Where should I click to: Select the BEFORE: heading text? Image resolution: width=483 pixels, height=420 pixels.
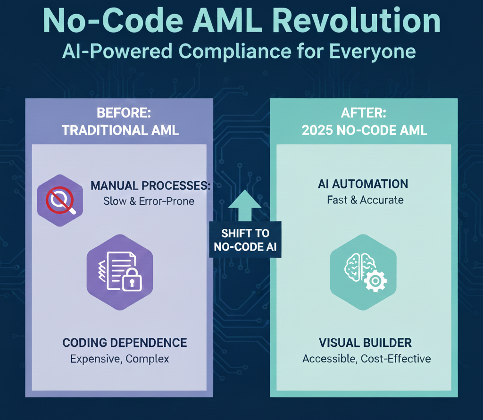[x=120, y=113]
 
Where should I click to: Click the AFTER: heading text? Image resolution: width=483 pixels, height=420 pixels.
[x=364, y=113]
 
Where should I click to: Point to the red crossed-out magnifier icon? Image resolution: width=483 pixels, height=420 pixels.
[x=60, y=200]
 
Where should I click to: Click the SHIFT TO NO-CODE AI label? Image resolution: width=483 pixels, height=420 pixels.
[x=245, y=240]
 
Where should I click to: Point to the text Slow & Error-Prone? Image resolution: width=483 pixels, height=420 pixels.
[x=149, y=201]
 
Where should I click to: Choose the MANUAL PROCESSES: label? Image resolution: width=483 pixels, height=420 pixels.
[x=150, y=185]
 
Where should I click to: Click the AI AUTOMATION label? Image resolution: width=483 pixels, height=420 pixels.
[x=363, y=184]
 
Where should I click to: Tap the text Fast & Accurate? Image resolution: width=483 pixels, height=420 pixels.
[x=365, y=200]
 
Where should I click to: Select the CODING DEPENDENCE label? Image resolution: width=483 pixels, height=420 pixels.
[x=125, y=343]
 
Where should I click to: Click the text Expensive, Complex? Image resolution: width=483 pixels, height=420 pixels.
[x=119, y=359]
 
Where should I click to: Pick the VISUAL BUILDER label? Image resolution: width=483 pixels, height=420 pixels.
[x=365, y=343]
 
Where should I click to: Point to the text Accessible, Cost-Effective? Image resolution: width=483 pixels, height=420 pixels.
[x=366, y=359]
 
